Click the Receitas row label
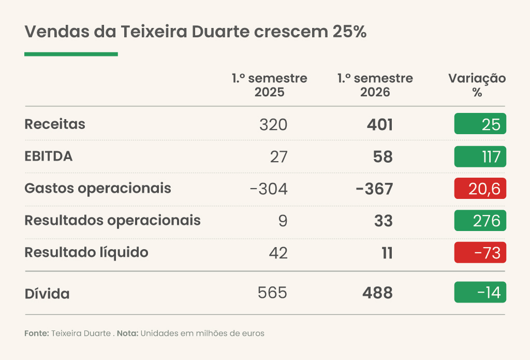click(55, 124)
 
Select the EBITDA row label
click(48, 156)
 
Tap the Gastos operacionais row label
click(98, 189)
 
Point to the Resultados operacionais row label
click(112, 221)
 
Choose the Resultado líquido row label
click(86, 253)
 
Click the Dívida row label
click(47, 294)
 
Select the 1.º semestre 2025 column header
click(269, 85)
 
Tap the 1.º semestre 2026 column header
click(375, 85)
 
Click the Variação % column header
click(477, 85)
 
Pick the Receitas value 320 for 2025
click(273, 124)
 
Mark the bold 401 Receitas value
click(380, 124)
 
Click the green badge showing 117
click(480, 156)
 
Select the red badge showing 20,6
click(480, 189)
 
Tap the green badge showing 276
click(480, 221)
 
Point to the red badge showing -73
click(480, 252)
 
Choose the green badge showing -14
click(480, 292)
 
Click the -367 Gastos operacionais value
click(375, 189)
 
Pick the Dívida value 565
click(272, 293)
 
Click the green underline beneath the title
click(71, 54)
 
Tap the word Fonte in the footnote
click(37, 333)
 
